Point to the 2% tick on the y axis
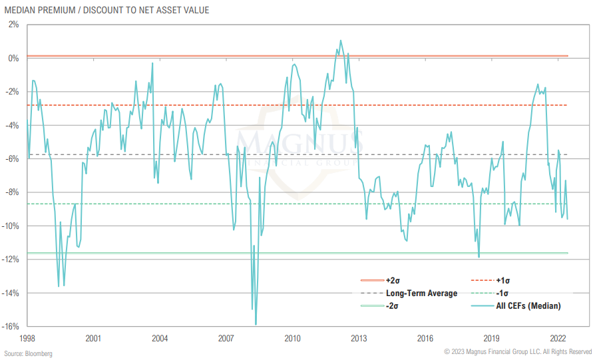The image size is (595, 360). [13, 25]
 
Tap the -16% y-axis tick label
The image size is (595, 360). [11, 326]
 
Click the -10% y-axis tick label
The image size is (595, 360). [11, 226]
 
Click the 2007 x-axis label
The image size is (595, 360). [226, 337]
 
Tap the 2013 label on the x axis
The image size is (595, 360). [359, 337]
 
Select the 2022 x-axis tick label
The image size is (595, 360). [558, 337]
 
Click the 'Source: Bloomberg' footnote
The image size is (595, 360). [28, 353]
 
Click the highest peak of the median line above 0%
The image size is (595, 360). [341, 41]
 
